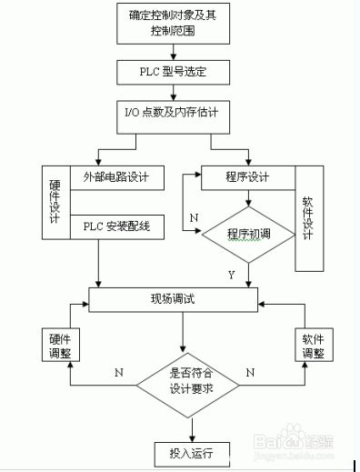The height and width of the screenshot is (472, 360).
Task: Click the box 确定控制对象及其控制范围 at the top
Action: [173, 23]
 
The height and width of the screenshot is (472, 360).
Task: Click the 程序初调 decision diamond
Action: [247, 234]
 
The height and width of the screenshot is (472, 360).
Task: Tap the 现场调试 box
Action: [172, 298]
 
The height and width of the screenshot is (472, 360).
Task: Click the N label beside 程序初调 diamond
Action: [194, 218]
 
